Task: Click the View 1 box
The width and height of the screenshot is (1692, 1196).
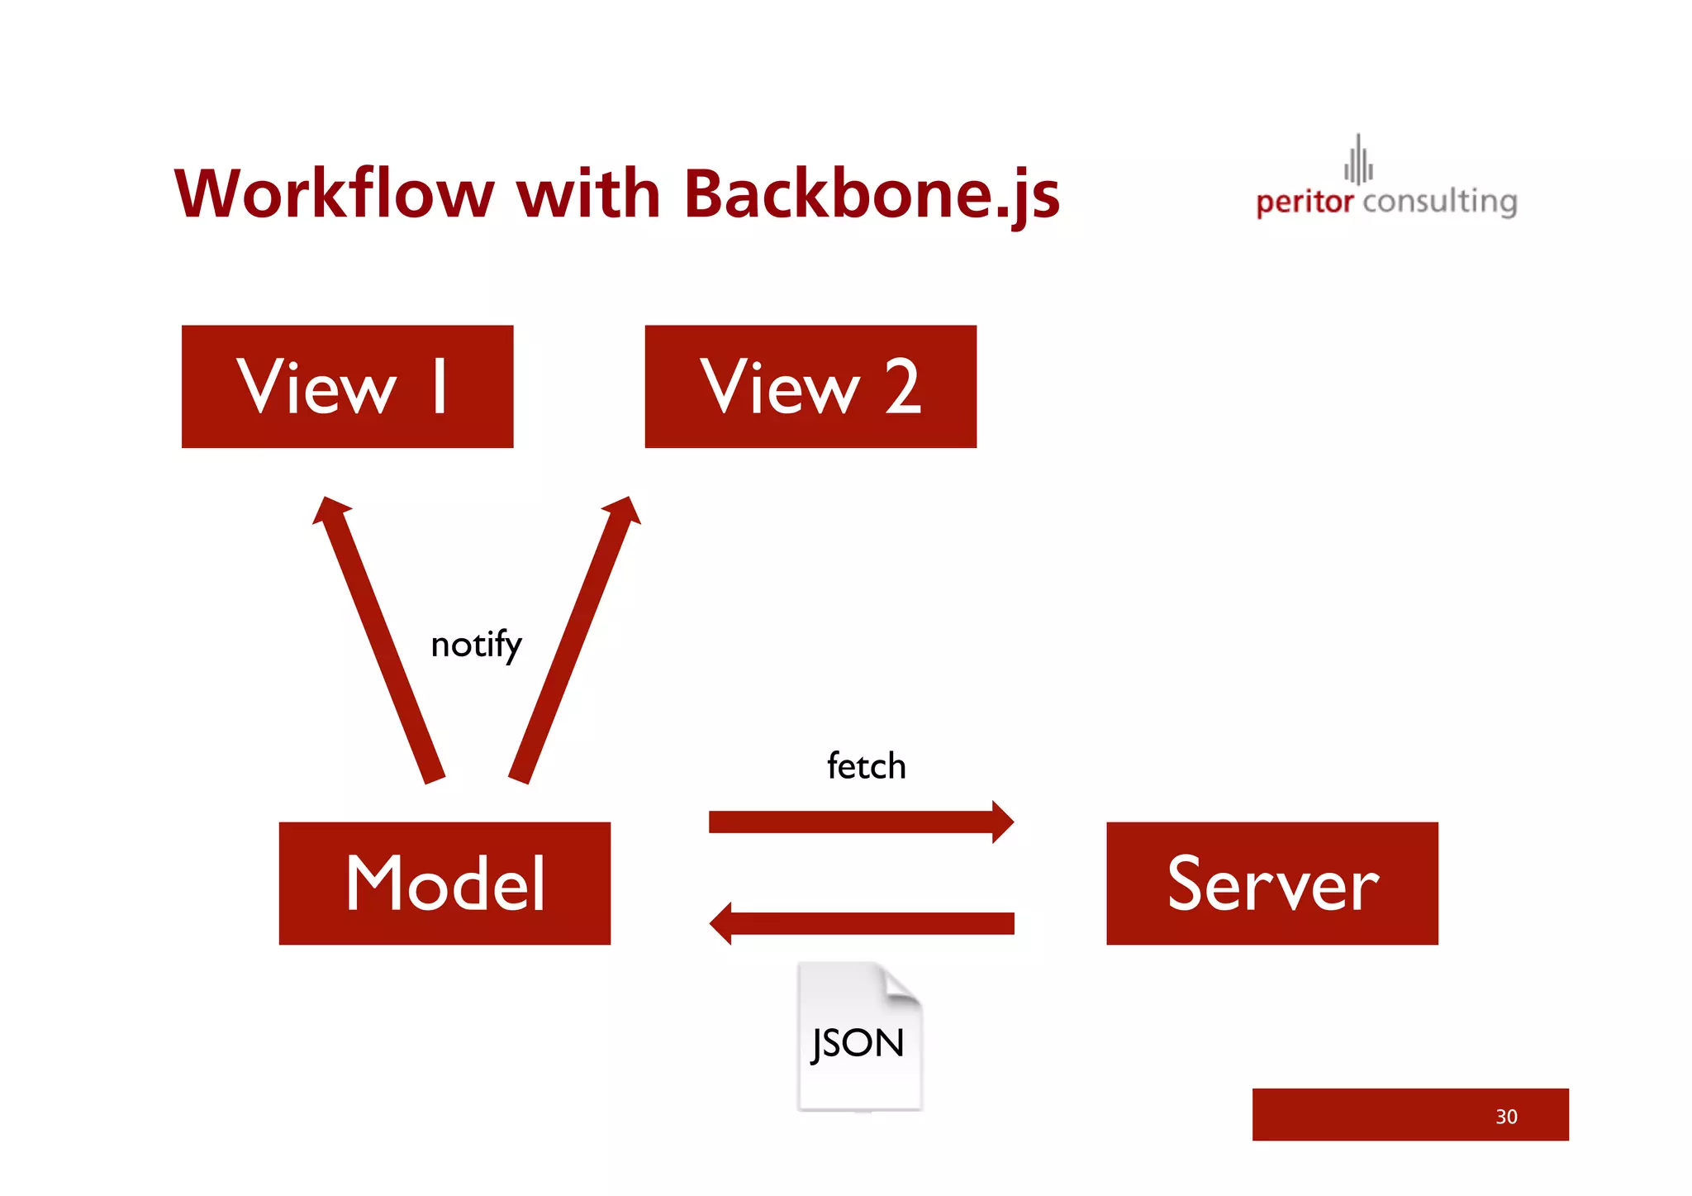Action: [347, 386]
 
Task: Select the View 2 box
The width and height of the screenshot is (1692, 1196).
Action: [810, 386]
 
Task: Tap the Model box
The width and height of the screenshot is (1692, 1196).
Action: [444, 883]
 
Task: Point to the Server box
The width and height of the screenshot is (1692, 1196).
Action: [1271, 883]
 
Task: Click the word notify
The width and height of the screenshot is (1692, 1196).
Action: [476, 645]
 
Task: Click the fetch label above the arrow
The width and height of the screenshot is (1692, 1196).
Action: [866, 766]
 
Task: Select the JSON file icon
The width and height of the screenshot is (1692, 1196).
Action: [859, 1037]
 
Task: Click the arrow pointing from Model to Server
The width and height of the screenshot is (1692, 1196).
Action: [859, 822]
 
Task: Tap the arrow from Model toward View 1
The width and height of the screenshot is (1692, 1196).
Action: [380, 641]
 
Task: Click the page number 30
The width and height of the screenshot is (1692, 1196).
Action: [1505, 1117]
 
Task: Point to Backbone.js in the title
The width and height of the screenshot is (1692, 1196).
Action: [872, 195]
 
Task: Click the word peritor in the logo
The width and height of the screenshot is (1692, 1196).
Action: [1304, 202]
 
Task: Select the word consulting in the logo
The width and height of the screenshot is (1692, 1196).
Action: [1439, 202]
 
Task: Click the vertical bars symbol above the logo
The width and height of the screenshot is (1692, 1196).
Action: [1357, 160]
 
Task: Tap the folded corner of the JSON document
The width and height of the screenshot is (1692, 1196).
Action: [901, 986]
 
